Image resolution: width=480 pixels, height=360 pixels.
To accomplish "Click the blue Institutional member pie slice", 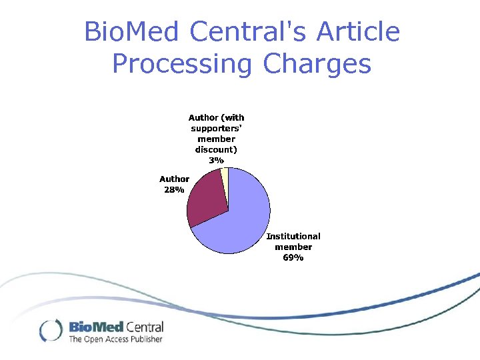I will (x=240, y=220).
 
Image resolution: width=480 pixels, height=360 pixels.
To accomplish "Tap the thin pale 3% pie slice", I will (x=225, y=175).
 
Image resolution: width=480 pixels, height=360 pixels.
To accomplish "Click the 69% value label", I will (x=293, y=257).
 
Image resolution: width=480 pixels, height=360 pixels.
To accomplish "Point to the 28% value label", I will (x=174, y=189).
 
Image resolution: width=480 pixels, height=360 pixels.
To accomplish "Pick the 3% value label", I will (x=216, y=160).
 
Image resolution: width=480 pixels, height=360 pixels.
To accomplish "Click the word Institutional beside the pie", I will (x=293, y=236).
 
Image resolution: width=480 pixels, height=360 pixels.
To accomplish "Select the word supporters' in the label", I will (x=216, y=128).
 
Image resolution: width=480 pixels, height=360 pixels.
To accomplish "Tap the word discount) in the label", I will (x=216, y=149).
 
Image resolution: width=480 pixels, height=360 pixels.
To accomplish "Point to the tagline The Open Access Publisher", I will (x=115, y=339).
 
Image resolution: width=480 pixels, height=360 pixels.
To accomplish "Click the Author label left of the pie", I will (x=174, y=179).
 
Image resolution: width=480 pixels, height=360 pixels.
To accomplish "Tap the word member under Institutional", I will (x=293, y=247).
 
